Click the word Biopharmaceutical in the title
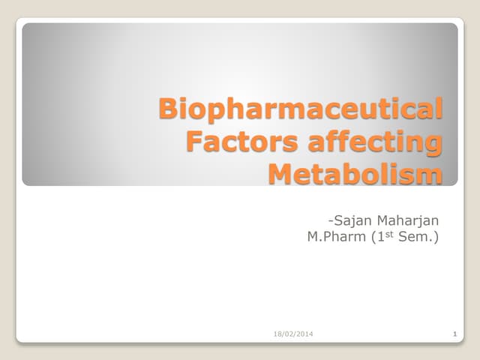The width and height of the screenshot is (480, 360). [x=300, y=109]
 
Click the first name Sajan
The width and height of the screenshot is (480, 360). [x=351, y=220]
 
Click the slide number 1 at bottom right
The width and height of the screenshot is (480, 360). [x=455, y=333]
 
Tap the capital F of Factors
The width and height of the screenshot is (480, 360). [x=193, y=142]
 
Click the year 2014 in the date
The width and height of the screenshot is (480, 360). [x=303, y=333]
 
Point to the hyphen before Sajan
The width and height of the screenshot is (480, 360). [x=329, y=220]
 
